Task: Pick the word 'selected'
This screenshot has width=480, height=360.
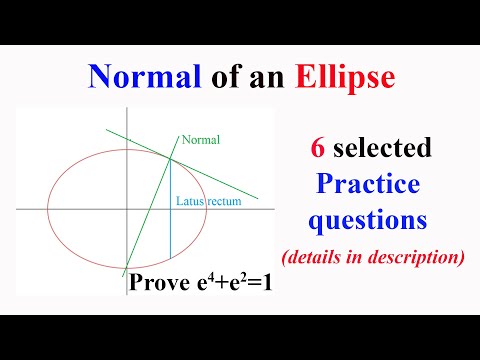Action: pyautogui.click(x=385, y=150)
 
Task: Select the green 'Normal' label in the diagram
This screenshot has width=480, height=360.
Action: pyautogui.click(x=200, y=141)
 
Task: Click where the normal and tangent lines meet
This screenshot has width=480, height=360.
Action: pyautogui.click(x=170, y=157)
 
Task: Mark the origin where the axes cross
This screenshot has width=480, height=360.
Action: pyautogui.click(x=128, y=209)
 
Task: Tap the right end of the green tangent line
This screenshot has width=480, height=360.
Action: pyautogui.click(x=259, y=197)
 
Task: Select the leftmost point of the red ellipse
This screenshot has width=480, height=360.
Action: pyautogui.click(x=47, y=209)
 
